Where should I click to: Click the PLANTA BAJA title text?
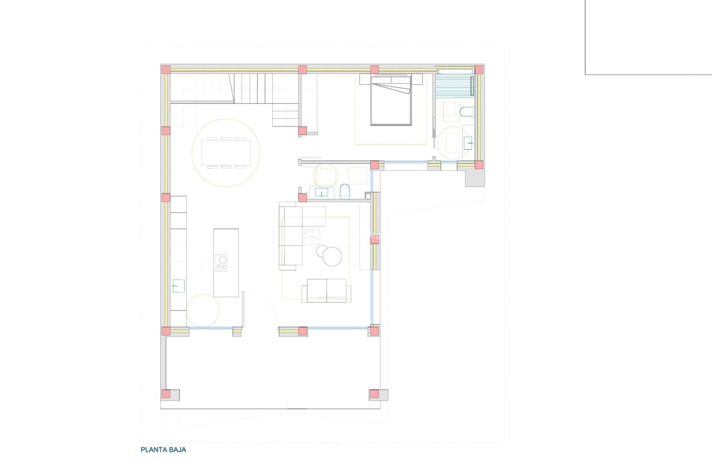coord(163,450)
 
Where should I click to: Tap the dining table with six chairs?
coord(226,153)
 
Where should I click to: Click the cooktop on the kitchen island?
coord(221,263)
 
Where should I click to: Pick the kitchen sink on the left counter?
coord(178,286)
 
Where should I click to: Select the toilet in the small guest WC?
coord(345,191)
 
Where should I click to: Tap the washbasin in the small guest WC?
coord(321,193)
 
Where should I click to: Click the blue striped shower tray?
coord(454,86)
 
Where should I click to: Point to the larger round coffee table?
coord(332,256)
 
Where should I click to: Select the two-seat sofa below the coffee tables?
coord(326,290)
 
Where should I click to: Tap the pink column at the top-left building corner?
coord(165,70)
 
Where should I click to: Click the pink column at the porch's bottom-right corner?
coord(375,394)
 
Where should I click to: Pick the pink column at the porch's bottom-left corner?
coord(166,394)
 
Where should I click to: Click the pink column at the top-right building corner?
coord(479,70)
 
